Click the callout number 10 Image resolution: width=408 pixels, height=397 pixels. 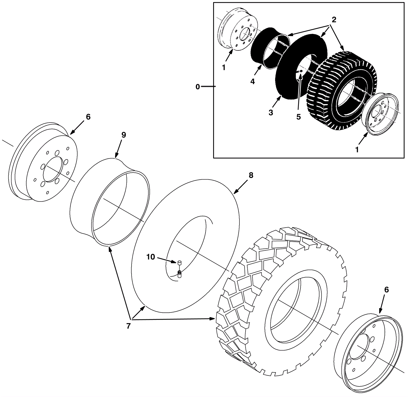click(x=150, y=257)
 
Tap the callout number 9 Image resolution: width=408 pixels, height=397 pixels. click(x=123, y=135)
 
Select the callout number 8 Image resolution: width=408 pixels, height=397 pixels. click(x=251, y=175)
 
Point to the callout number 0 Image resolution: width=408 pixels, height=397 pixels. click(x=198, y=87)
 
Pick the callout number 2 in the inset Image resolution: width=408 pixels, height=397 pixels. click(x=334, y=20)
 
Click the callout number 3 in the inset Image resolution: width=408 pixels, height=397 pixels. click(x=271, y=112)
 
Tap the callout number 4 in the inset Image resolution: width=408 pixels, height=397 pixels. click(x=252, y=81)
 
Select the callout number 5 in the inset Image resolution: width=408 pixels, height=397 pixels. click(x=298, y=117)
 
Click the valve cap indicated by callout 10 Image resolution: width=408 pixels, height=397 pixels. click(x=180, y=262)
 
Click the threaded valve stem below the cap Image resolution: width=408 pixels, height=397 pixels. click(x=180, y=274)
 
